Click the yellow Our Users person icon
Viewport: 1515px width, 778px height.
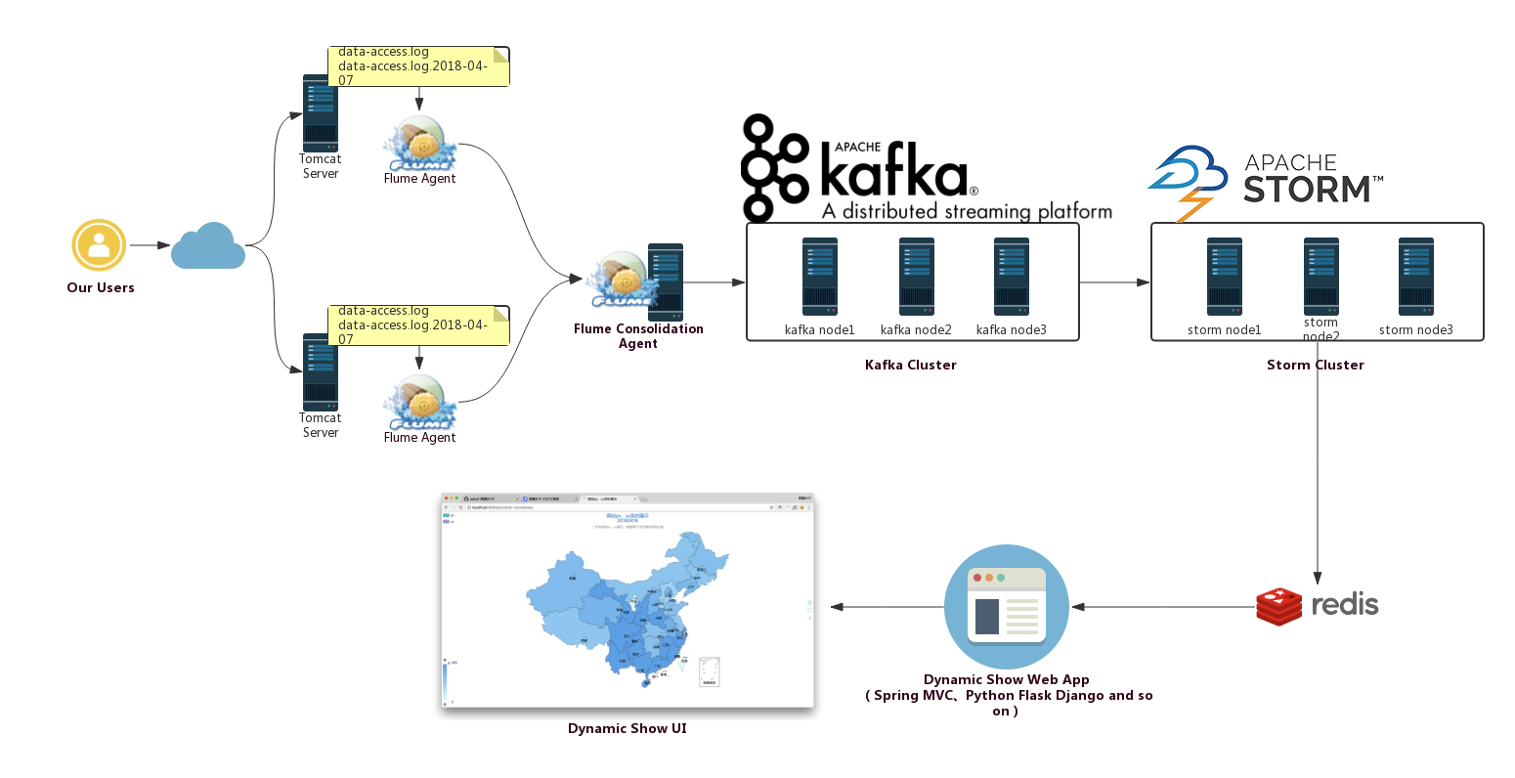tap(99, 245)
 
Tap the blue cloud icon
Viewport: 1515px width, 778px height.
tap(207, 246)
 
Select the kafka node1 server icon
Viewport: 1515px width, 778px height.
tap(819, 277)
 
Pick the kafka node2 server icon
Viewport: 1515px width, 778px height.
tap(916, 277)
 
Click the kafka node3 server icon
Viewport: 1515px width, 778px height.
tap(1011, 277)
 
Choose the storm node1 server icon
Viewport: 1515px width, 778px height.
tap(1224, 277)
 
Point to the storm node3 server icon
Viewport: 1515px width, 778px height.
tap(1415, 277)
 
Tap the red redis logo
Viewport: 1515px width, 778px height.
tap(1317, 606)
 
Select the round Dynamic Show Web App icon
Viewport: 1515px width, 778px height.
tap(1007, 607)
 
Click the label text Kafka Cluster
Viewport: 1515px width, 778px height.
tap(910, 365)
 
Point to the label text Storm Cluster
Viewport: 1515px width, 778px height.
tap(1315, 365)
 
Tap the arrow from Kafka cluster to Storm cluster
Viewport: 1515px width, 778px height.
tap(1114, 282)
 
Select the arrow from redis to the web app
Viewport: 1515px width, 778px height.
tap(1163, 607)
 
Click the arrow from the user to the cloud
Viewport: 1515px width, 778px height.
tap(150, 245)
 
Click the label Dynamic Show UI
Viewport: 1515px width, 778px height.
tap(627, 728)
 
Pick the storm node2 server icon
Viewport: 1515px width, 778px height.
tap(1320, 277)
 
